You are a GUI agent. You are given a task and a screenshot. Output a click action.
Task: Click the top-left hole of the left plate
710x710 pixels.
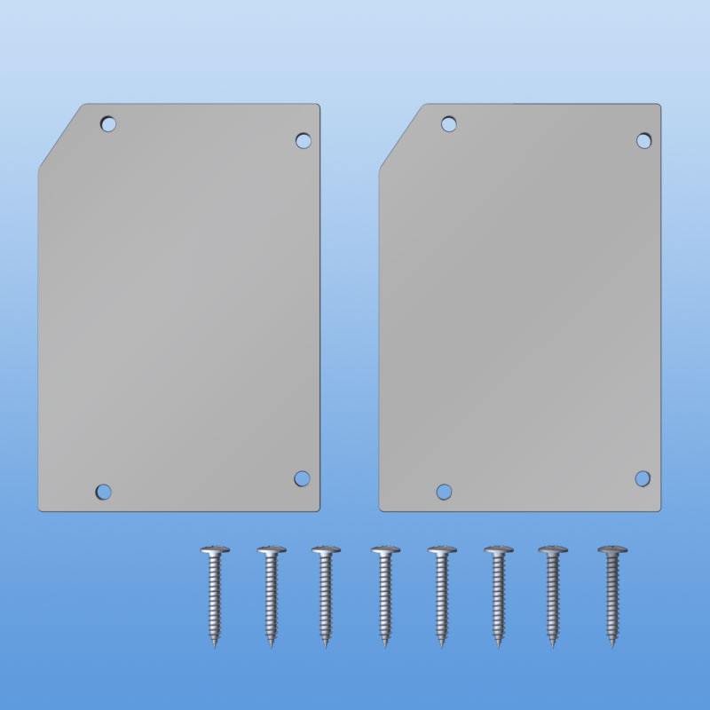tap(107, 123)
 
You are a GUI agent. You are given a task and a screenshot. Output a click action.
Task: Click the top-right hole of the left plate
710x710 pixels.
tap(303, 140)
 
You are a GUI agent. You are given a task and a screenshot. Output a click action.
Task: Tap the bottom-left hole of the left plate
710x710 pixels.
tap(103, 491)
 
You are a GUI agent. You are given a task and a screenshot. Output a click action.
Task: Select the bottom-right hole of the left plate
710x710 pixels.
tap(302, 478)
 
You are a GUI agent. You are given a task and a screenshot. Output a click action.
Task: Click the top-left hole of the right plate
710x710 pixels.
tap(448, 123)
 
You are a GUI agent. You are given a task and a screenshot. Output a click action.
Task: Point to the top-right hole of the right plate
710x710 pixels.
tap(644, 140)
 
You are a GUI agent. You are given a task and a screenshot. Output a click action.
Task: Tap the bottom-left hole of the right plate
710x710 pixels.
tap(444, 491)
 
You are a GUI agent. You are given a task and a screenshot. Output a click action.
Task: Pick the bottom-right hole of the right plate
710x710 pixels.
tap(643, 478)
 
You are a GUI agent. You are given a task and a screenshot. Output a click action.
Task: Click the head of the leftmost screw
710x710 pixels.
tap(215, 551)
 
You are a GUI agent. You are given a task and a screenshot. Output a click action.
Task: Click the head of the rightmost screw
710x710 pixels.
tap(611, 551)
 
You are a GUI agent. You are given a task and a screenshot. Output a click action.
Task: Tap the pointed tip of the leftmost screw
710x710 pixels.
tap(216, 645)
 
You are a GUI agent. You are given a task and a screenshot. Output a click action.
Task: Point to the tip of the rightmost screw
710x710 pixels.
tap(612, 645)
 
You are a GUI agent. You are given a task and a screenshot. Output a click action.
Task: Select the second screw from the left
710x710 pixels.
tap(272, 595)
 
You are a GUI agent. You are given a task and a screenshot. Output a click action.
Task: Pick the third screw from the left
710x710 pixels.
tap(326, 595)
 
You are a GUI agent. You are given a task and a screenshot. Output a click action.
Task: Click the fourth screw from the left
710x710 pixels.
tap(385, 595)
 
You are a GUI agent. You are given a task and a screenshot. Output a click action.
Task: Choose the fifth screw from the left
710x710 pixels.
tap(442, 595)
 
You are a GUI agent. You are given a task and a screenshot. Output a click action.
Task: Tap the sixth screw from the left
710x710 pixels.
tap(499, 595)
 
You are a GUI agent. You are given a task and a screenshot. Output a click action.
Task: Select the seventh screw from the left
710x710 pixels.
tap(553, 595)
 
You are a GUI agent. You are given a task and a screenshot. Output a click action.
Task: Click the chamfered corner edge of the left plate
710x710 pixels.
tap(59, 136)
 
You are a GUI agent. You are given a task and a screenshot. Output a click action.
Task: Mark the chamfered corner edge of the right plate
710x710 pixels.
tap(400, 136)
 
